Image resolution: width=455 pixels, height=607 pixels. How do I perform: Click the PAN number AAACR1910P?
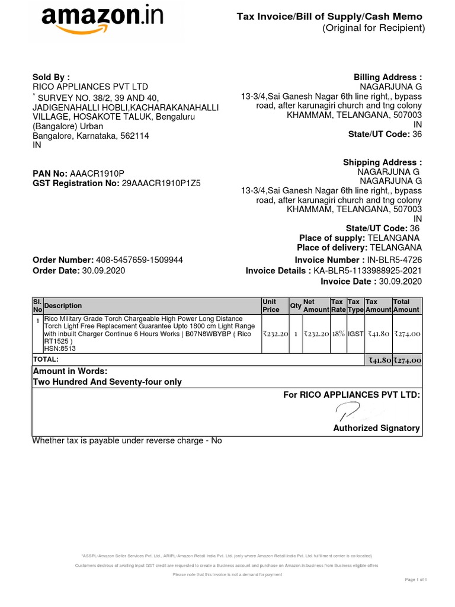point(97,173)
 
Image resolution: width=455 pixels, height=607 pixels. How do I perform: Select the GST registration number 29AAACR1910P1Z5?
point(161,183)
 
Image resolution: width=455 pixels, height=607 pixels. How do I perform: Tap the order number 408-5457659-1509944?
point(139,260)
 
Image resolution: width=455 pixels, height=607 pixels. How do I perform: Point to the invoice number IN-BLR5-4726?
point(395,260)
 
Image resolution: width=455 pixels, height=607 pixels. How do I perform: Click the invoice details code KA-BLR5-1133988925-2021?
point(367,271)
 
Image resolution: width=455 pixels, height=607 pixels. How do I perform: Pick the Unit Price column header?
point(270,306)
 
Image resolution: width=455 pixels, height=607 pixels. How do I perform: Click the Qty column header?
point(295,306)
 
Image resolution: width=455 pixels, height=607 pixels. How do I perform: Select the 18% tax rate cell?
point(338,334)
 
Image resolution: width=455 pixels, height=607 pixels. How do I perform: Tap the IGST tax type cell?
point(355,334)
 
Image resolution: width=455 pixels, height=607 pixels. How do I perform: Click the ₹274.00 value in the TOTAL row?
point(408,360)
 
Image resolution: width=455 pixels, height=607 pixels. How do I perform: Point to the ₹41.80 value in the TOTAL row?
point(379,360)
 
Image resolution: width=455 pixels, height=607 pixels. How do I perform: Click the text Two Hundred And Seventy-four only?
point(107,382)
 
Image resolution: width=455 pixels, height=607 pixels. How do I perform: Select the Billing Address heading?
point(387,78)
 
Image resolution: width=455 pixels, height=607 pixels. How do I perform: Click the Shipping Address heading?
point(382,162)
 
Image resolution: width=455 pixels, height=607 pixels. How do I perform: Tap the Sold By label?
point(51,77)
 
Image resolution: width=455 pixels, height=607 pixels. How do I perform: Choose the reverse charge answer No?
point(216,440)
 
